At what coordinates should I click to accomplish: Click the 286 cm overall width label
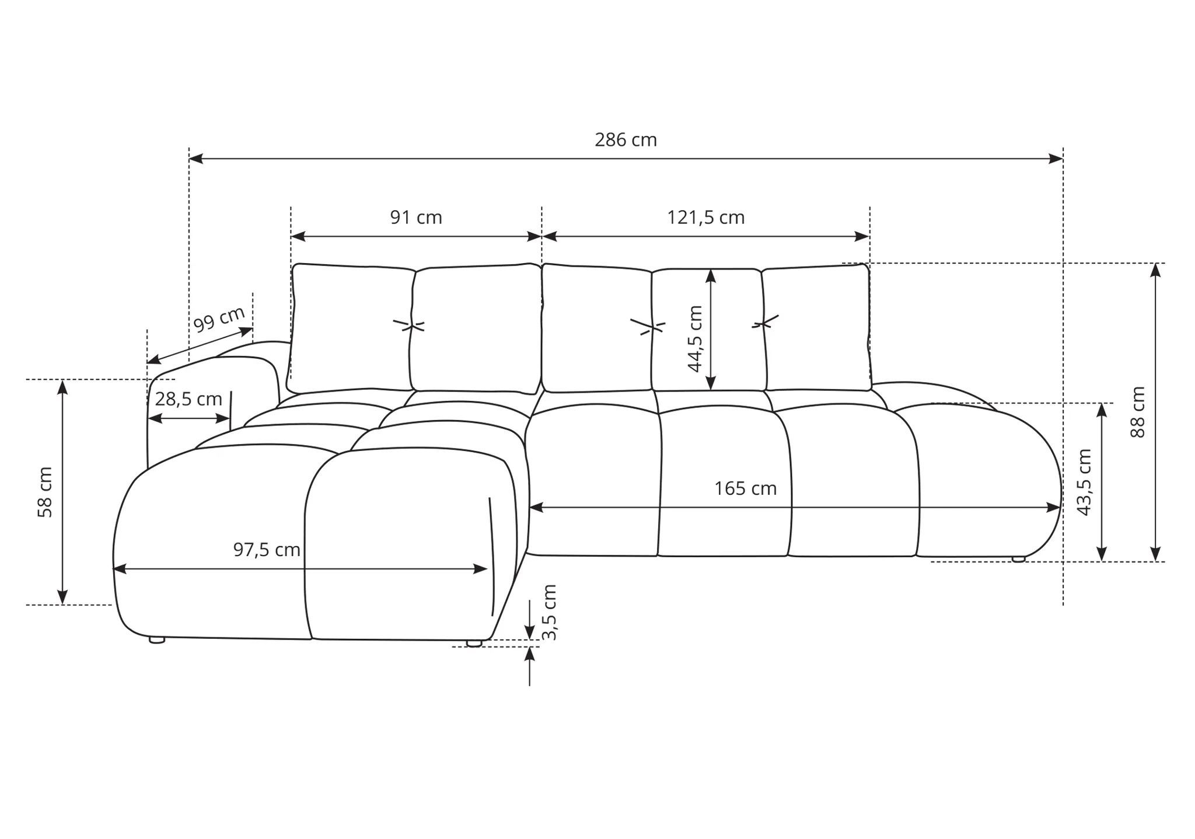tap(626, 140)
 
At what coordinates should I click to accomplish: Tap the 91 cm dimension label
tap(416, 218)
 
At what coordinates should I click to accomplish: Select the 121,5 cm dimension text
tap(706, 218)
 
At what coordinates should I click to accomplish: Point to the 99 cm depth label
tap(219, 319)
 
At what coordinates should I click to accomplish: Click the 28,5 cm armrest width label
tap(188, 399)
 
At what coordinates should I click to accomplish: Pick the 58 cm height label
tap(45, 492)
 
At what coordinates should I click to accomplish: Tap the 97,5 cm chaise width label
tap(267, 550)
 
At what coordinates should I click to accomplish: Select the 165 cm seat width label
tap(746, 488)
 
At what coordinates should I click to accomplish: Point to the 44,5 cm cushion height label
tap(695, 339)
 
